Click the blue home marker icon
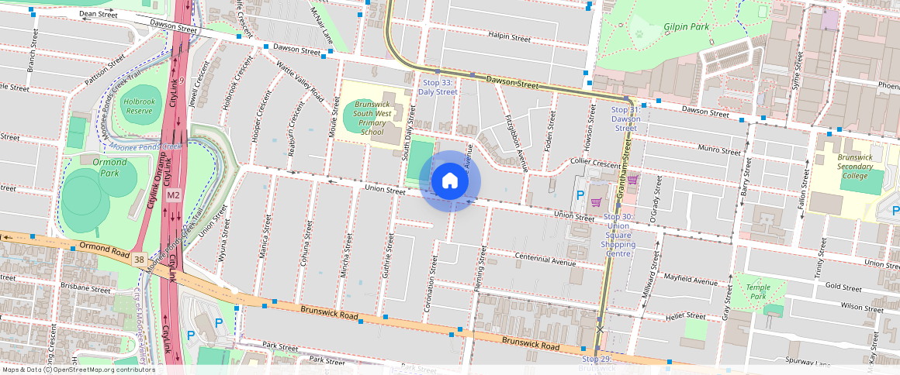click(450, 181)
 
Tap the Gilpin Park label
click(687, 26)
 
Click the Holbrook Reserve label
click(139, 105)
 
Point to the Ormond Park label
click(110, 167)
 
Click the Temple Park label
click(758, 291)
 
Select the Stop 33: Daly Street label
click(438, 87)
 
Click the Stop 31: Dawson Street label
click(625, 119)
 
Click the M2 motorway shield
click(174, 194)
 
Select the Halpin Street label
click(510, 37)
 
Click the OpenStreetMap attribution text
click(78, 370)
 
